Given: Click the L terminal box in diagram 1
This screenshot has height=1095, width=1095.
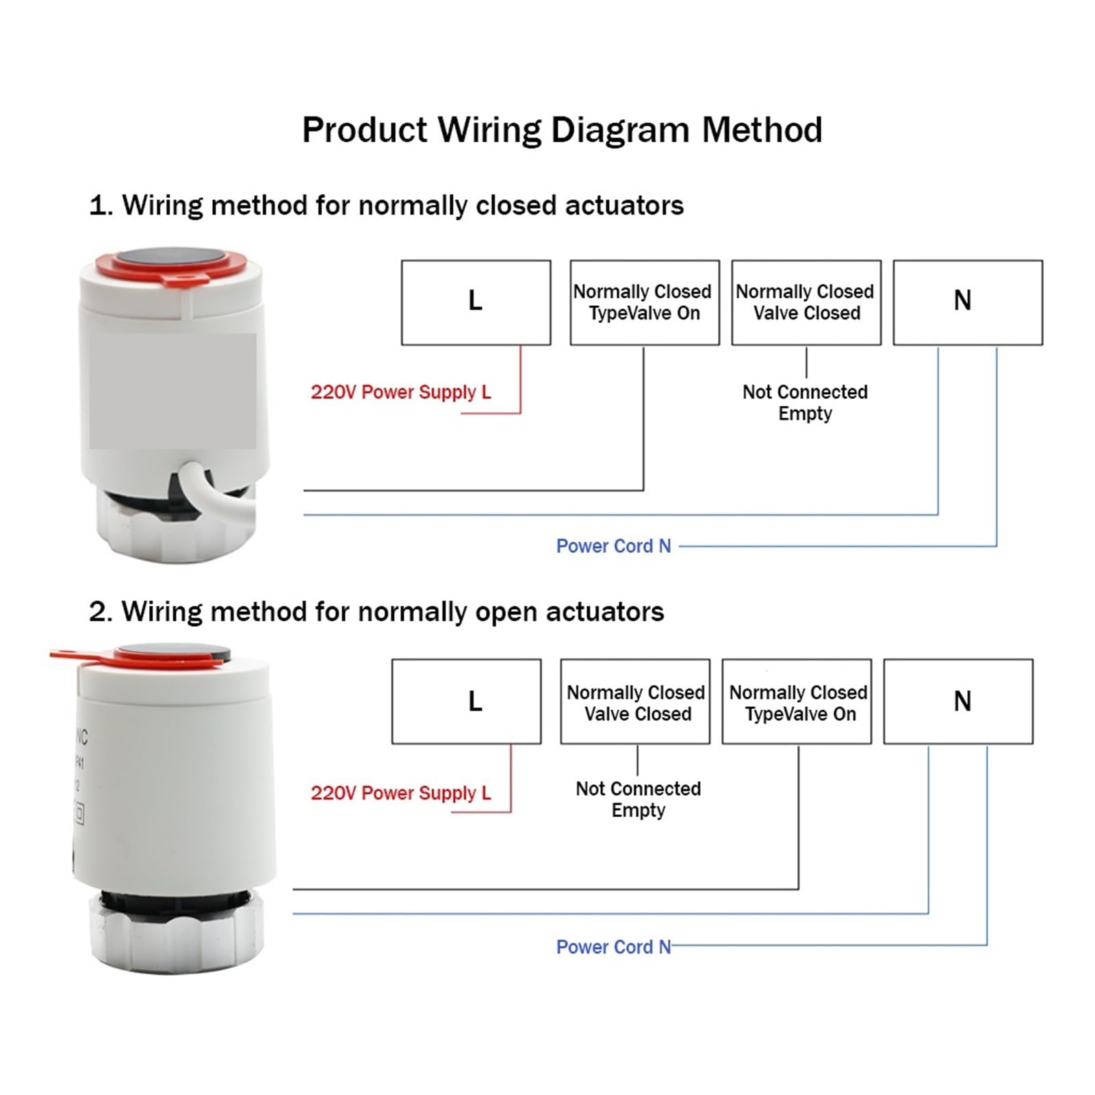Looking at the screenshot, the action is [476, 302].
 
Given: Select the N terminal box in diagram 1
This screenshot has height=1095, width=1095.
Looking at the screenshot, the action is [968, 302].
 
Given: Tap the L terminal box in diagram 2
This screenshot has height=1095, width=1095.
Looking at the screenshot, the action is [466, 701].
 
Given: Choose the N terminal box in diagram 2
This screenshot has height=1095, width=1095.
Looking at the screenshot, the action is [958, 701].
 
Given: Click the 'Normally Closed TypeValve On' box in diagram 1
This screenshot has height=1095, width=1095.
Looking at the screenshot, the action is [645, 302].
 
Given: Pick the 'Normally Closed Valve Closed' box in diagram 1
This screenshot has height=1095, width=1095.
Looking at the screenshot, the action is [806, 302].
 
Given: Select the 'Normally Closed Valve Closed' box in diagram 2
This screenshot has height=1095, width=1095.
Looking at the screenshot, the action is [635, 701].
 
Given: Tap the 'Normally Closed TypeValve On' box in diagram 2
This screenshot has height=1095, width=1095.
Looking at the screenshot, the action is [797, 701].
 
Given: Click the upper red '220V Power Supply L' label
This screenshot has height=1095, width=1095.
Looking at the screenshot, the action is [401, 392].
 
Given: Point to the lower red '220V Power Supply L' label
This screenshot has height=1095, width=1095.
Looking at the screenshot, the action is [401, 793].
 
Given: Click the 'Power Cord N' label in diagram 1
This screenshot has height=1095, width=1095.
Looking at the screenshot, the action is [613, 546].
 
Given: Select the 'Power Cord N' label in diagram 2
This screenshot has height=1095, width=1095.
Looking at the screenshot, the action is [613, 947].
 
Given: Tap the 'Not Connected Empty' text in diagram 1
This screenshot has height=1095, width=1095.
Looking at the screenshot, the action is [805, 403].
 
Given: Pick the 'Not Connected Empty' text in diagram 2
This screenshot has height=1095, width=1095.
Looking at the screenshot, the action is [638, 799].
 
